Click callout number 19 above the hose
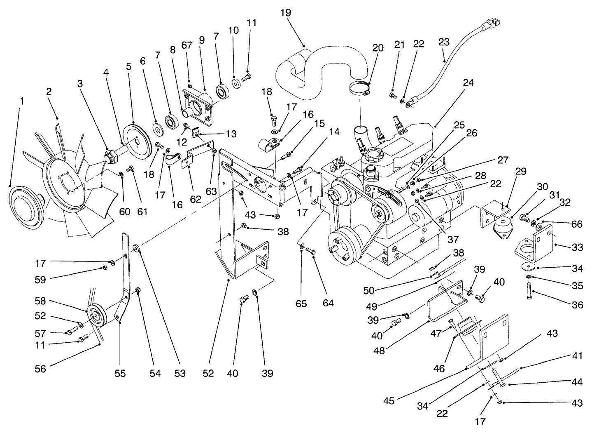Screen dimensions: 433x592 (285, 12)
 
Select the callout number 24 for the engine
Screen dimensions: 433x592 (468, 82)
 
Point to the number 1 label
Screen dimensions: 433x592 (21, 100)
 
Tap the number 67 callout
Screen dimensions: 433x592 (187, 45)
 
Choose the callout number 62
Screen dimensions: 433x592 (196, 200)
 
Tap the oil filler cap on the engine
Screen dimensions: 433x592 (373, 158)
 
